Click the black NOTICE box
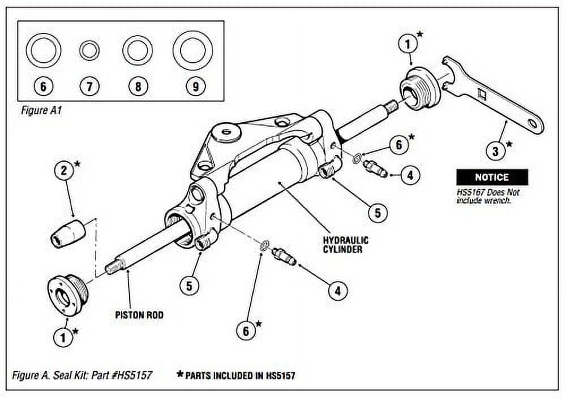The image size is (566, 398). click(x=492, y=178)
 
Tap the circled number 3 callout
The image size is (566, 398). click(x=495, y=151)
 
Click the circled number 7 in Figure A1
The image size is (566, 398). click(x=89, y=86)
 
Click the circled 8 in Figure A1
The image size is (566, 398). click(x=138, y=86)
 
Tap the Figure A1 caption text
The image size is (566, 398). click(x=41, y=111)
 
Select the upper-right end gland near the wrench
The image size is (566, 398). click(x=417, y=89)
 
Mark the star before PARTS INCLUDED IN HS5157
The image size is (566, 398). click(x=180, y=374)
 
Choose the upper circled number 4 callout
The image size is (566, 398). click(x=410, y=175)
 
